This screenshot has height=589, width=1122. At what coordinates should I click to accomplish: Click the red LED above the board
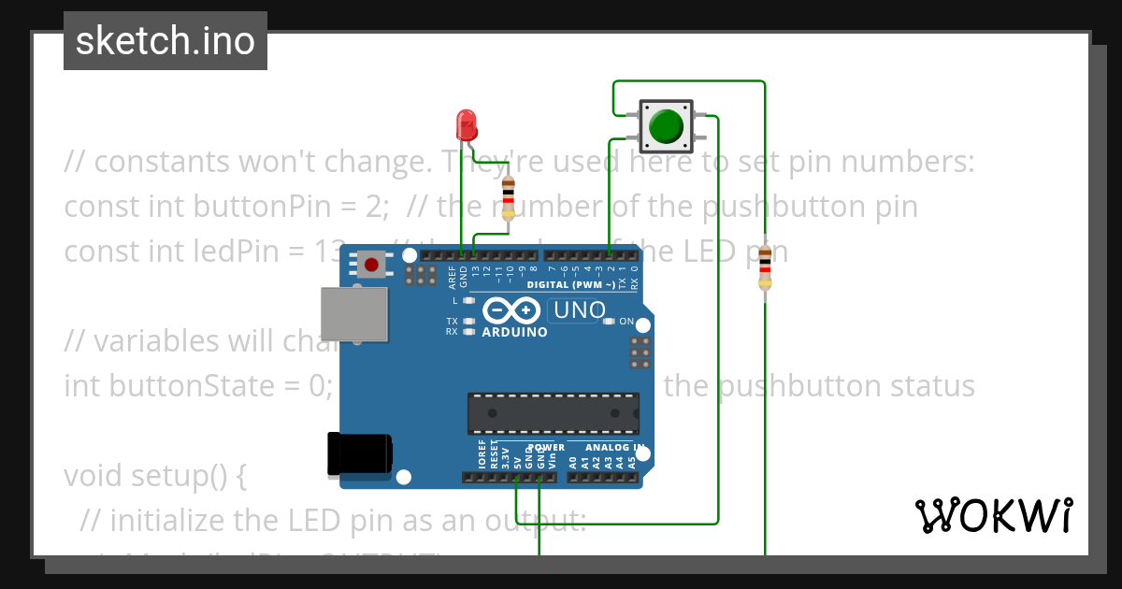[x=466, y=122]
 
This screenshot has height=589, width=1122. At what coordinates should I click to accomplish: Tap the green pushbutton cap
[x=666, y=126]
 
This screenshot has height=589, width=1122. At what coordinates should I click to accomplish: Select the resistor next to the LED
[x=508, y=197]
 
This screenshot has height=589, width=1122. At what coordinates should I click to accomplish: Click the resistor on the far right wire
[x=765, y=267]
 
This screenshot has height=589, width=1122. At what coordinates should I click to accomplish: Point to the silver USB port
[x=353, y=314]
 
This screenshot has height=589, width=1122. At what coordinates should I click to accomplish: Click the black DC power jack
[x=358, y=455]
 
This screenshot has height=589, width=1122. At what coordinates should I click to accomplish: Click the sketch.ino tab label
[x=165, y=41]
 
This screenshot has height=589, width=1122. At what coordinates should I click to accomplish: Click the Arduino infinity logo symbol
[x=511, y=309]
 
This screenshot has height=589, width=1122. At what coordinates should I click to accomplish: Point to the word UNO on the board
[x=580, y=309]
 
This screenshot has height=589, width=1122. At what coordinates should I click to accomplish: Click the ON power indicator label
[x=626, y=322]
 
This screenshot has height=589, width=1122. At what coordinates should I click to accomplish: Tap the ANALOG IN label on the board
[x=613, y=448]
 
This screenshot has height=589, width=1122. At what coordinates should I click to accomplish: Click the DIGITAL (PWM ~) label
[x=571, y=284]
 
